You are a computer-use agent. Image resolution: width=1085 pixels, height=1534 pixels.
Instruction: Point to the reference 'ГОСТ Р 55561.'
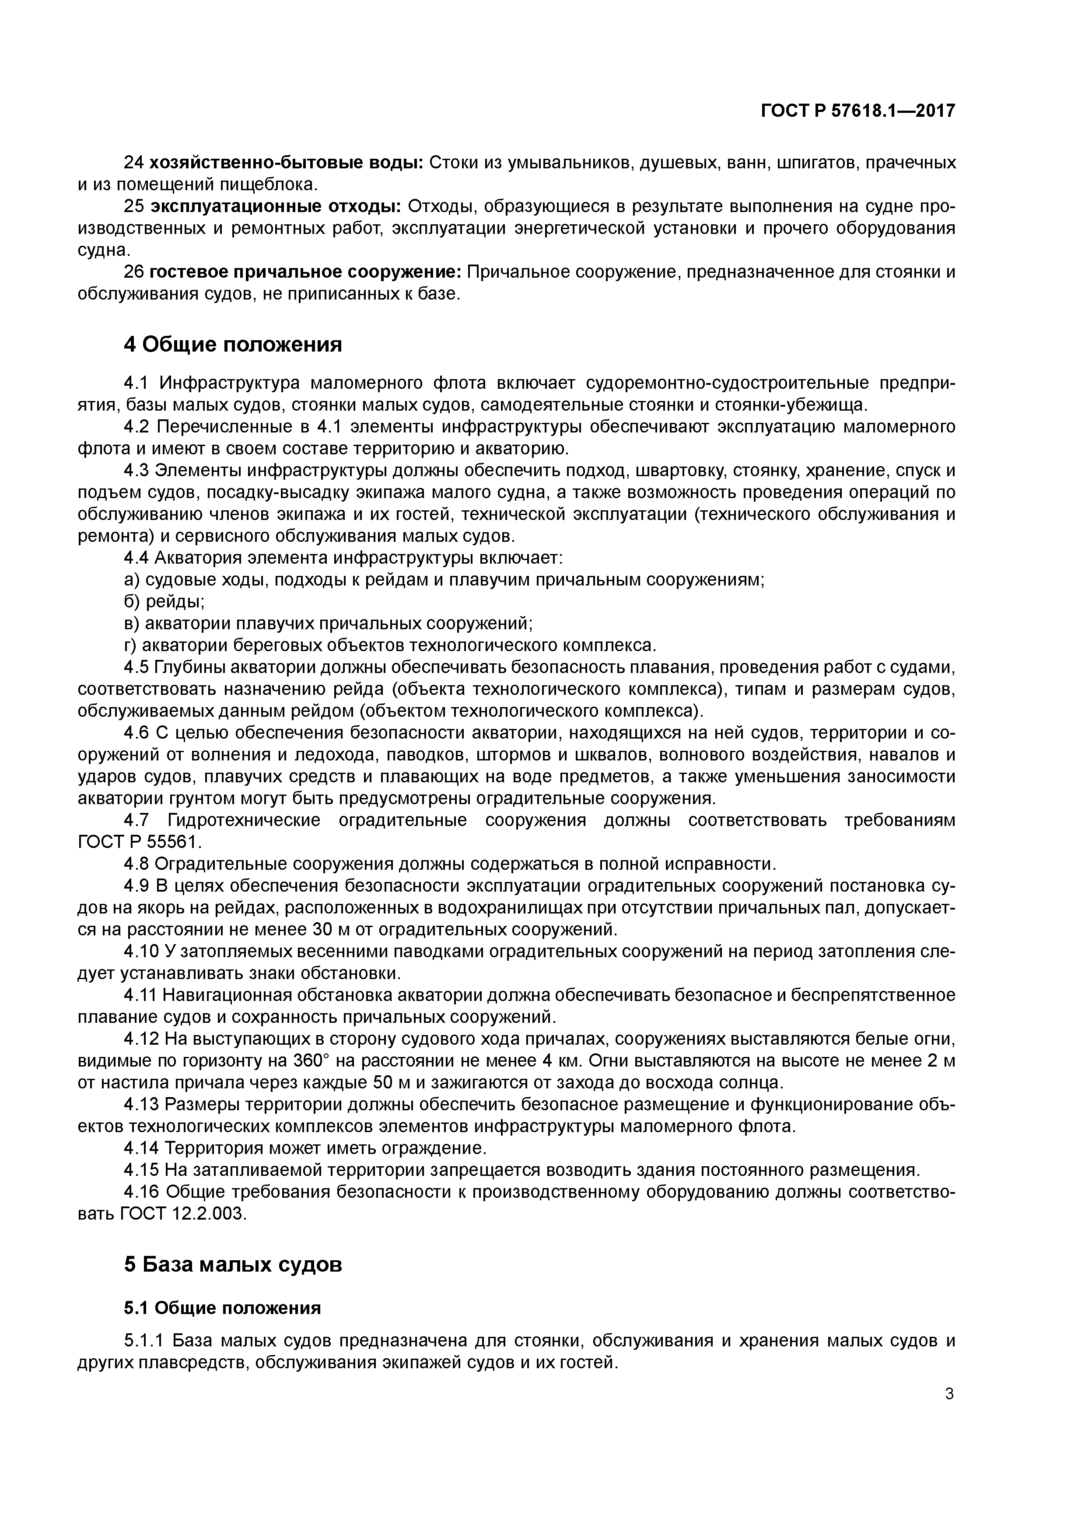(130, 842)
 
